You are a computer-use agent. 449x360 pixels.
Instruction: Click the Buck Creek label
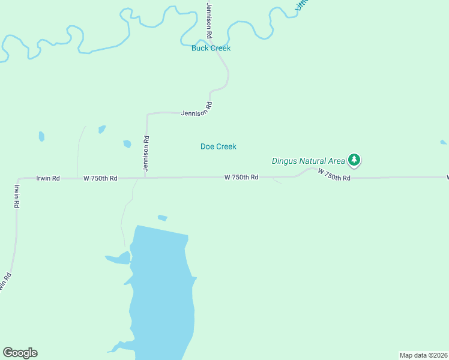[x=211, y=48]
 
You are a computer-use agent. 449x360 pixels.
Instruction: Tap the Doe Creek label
[x=218, y=146]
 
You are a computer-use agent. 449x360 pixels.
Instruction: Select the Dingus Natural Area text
[x=309, y=161]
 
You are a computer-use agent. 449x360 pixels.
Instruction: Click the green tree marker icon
[x=355, y=160]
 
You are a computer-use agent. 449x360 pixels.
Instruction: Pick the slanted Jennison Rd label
[x=197, y=110]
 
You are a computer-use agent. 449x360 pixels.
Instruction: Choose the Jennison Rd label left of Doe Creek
[x=145, y=154]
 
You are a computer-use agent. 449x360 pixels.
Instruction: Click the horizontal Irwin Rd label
[x=48, y=178]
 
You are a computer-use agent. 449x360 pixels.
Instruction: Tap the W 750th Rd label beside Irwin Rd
[x=100, y=178]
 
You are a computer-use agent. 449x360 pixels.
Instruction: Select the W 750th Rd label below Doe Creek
[x=241, y=177]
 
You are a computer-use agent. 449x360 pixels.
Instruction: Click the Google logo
[x=20, y=353]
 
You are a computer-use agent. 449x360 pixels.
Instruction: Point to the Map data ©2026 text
[x=423, y=355]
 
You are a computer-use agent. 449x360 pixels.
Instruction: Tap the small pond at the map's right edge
[x=443, y=142]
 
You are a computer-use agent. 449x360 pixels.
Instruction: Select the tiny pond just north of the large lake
[x=162, y=218]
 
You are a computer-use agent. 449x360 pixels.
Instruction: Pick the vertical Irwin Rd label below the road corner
[x=16, y=196]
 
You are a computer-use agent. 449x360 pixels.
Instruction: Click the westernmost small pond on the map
[x=41, y=136]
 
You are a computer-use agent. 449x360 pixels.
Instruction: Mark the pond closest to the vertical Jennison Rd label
[x=127, y=144]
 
